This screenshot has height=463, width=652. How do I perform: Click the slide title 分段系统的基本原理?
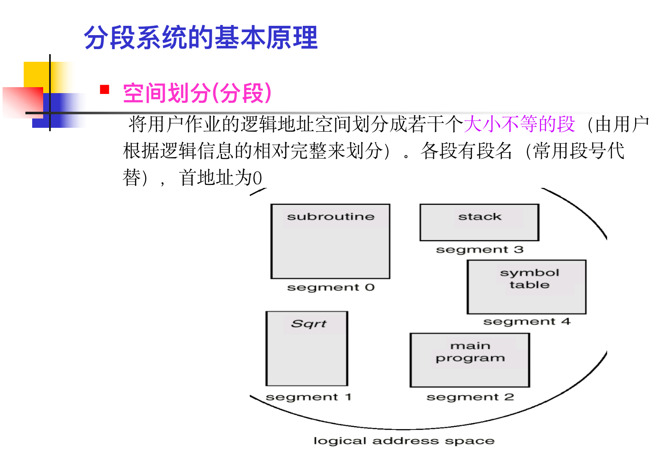point(201,38)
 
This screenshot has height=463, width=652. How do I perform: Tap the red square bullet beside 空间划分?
point(105,89)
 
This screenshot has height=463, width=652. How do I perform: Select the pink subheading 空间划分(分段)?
point(197,93)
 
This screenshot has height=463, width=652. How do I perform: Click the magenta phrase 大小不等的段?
point(519,124)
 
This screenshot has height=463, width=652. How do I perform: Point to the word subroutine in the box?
point(331,217)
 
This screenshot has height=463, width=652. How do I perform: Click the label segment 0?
point(331,287)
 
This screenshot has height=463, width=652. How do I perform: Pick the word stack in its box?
point(480,217)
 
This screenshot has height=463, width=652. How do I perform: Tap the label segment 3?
point(480,250)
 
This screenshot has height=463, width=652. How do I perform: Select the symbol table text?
point(529,278)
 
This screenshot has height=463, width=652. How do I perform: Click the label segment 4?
point(527,322)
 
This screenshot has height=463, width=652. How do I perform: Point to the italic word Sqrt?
point(309,324)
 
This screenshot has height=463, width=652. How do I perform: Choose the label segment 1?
point(308,397)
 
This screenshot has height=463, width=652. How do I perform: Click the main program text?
point(470,352)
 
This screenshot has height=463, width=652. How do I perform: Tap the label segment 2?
point(470,397)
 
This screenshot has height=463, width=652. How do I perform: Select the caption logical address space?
point(403,441)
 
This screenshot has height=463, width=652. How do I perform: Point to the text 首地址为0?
point(221,178)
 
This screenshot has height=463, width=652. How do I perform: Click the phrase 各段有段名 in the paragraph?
point(466,151)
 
